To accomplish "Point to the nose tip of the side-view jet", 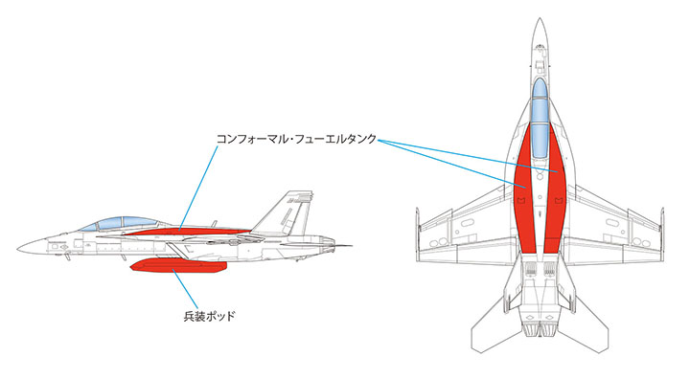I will [x=20, y=249].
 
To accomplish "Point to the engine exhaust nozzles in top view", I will [x=540, y=331].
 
